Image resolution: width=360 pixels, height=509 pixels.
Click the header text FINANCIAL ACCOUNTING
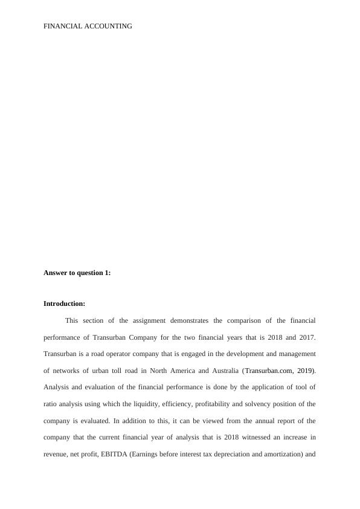(88, 26)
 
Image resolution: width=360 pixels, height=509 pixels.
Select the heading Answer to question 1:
(77, 273)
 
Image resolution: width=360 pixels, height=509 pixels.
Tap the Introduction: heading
(64, 303)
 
